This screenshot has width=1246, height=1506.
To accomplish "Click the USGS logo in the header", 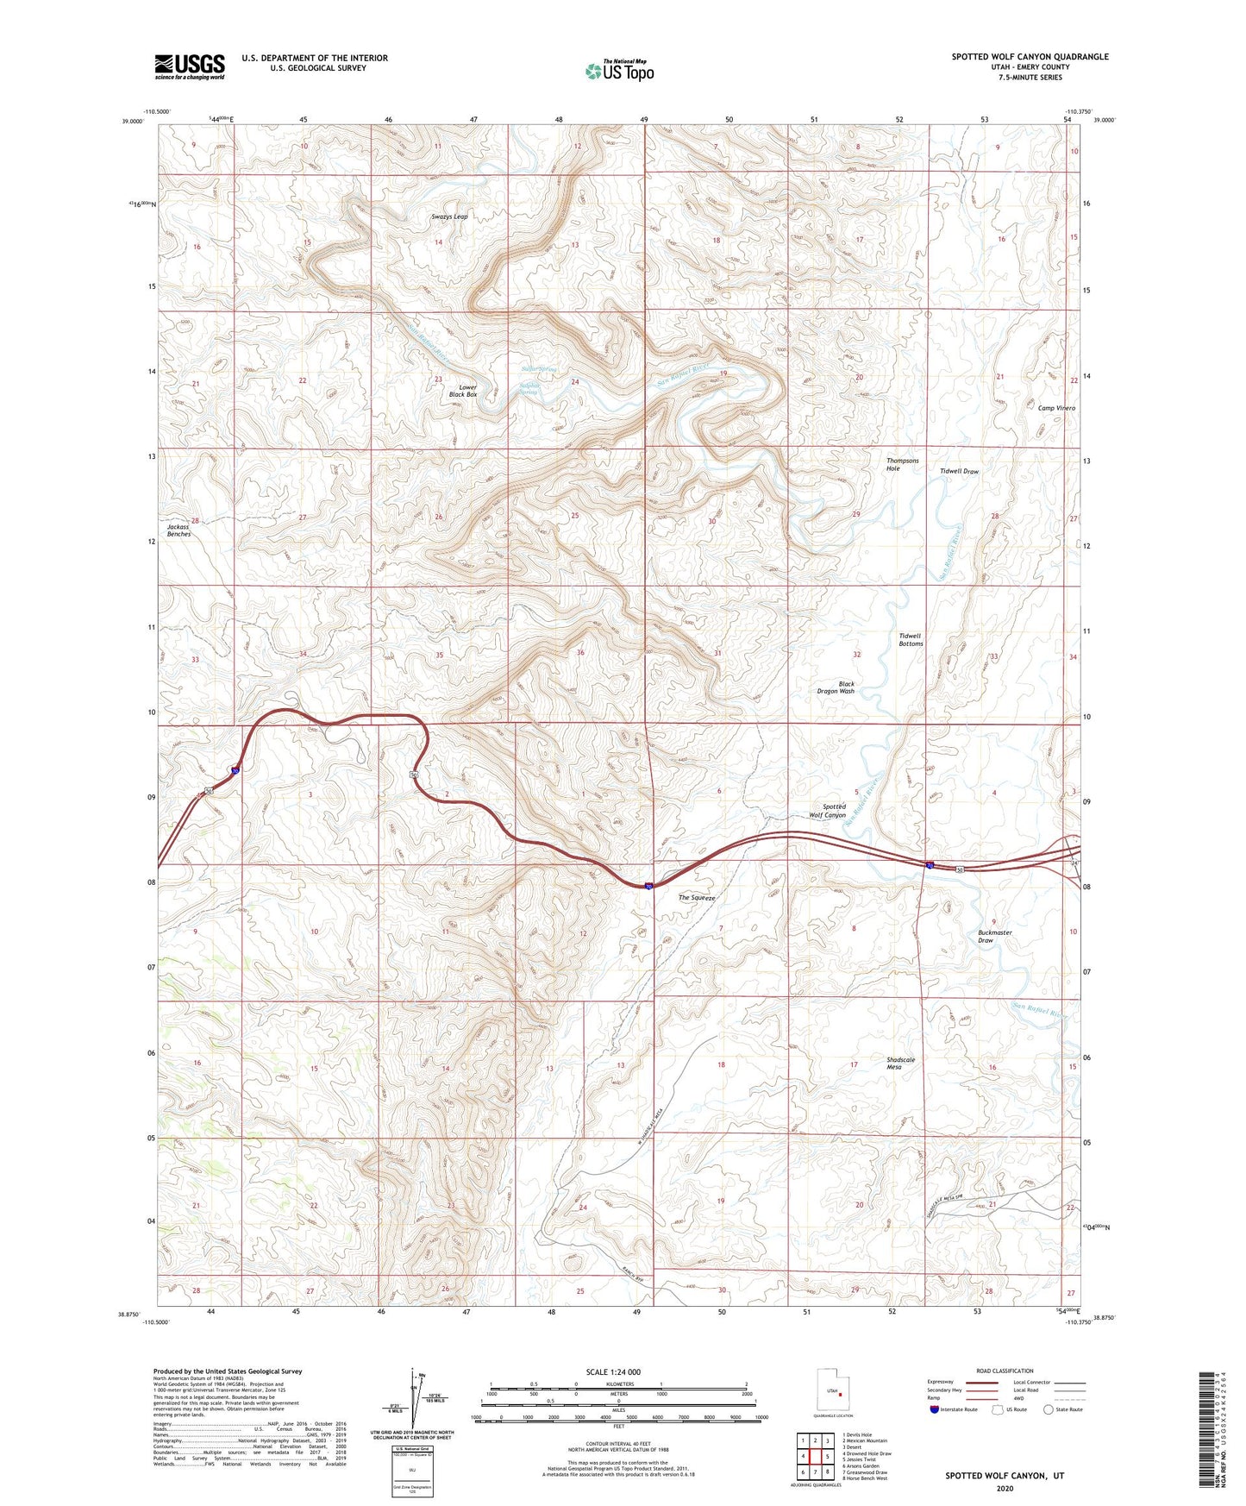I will pyautogui.click(x=190, y=66).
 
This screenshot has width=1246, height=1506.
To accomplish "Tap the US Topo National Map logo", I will pyautogui.click(x=619, y=70).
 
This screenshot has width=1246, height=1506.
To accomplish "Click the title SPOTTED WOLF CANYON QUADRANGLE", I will pyautogui.click(x=1030, y=57).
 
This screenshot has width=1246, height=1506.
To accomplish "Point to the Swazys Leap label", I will pyautogui.click(x=449, y=216).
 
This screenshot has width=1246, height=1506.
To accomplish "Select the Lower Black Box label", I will pyautogui.click(x=467, y=391).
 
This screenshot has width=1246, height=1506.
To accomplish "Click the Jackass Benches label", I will pyautogui.click(x=179, y=530).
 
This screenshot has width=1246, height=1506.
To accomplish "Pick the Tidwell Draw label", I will pyautogui.click(x=959, y=472).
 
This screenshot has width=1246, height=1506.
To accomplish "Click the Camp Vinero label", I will pyautogui.click(x=1056, y=408).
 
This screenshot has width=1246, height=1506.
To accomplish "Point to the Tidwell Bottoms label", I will pyautogui.click(x=911, y=639).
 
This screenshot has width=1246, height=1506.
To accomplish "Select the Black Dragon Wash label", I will pyautogui.click(x=836, y=687).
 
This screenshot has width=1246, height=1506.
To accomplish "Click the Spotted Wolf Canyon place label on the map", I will pyautogui.click(x=828, y=811).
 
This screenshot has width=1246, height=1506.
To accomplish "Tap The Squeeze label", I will pyautogui.click(x=697, y=898).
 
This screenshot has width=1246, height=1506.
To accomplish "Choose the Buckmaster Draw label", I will pyautogui.click(x=995, y=936).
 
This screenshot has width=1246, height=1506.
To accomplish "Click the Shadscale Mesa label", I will pyautogui.click(x=900, y=1063).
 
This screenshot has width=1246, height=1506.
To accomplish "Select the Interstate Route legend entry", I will pyautogui.click(x=953, y=1409).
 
